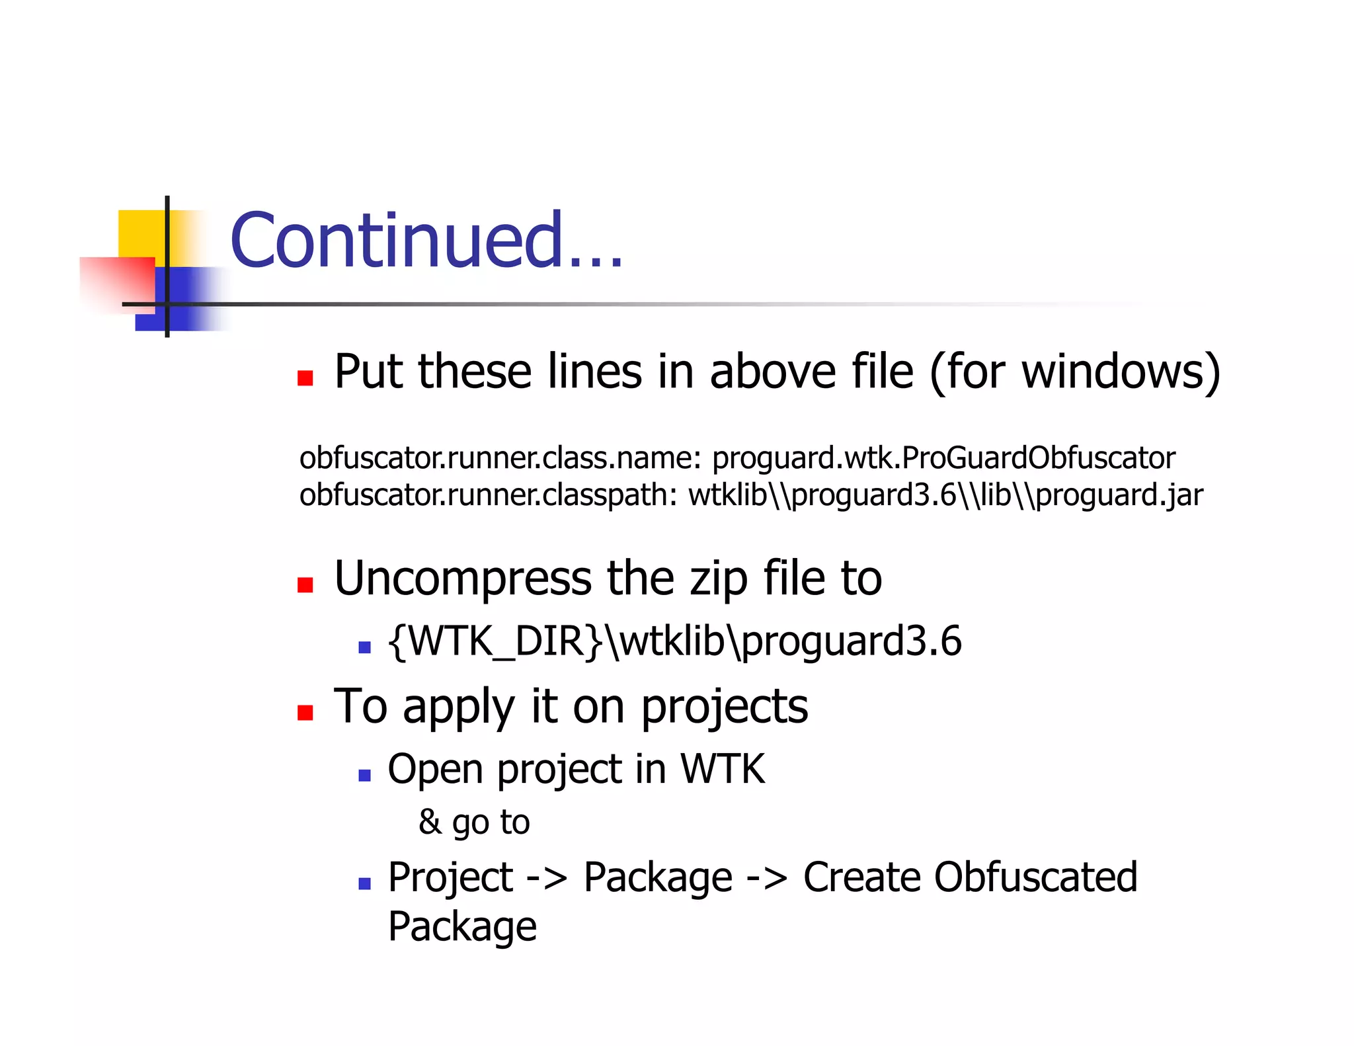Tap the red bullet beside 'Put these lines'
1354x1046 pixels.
coord(305,378)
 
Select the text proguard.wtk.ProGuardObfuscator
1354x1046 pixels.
coord(943,458)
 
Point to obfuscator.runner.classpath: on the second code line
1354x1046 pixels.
coord(488,495)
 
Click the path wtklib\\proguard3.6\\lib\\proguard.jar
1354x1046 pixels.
coord(945,495)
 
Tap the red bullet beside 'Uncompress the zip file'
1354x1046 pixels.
coord(305,584)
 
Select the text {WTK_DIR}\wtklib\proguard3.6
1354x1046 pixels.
coord(674,641)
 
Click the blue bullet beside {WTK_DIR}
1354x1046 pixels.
coord(364,647)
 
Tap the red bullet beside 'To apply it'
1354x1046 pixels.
coord(305,712)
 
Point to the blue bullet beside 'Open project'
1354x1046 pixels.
coord(364,775)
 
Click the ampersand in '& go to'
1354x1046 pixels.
coord(430,822)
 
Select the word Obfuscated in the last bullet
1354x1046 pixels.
coord(1036,877)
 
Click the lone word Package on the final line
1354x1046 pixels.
coord(461,926)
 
